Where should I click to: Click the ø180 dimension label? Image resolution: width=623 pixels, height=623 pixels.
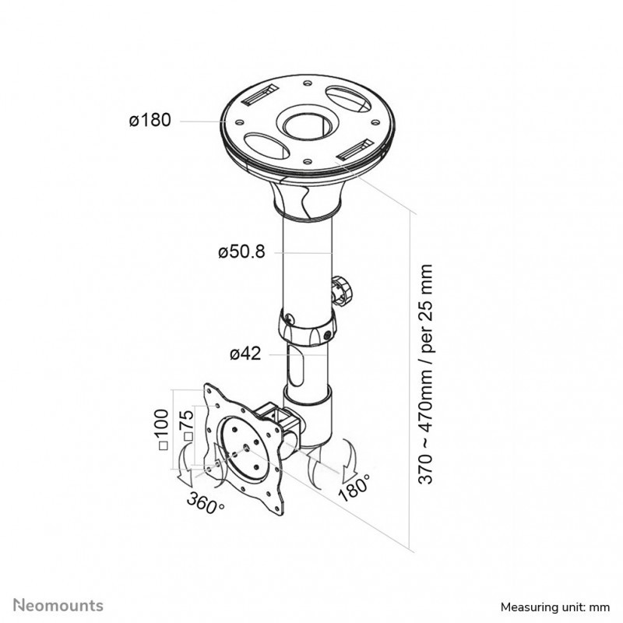[x=150, y=120]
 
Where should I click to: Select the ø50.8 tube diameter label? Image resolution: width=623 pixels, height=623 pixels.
[x=241, y=252]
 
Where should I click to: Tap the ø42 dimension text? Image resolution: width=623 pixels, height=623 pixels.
[x=245, y=354]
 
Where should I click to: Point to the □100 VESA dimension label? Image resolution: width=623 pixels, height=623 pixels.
[x=163, y=430]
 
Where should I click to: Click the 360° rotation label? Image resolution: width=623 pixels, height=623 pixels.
[x=206, y=502]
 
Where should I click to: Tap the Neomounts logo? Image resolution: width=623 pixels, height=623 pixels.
[x=58, y=606]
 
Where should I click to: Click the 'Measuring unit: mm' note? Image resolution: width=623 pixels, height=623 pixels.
[x=554, y=607]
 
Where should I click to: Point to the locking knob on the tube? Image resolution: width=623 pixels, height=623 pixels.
[x=342, y=290]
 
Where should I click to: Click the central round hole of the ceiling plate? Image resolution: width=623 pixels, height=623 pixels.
[x=308, y=126]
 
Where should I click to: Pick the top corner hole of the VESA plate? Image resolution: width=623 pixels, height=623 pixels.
[x=209, y=390]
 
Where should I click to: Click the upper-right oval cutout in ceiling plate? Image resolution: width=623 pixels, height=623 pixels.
[x=348, y=99]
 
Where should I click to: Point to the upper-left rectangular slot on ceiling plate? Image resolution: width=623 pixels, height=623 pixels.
[x=261, y=96]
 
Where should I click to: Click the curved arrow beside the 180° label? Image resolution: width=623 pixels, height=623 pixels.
[x=349, y=456]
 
